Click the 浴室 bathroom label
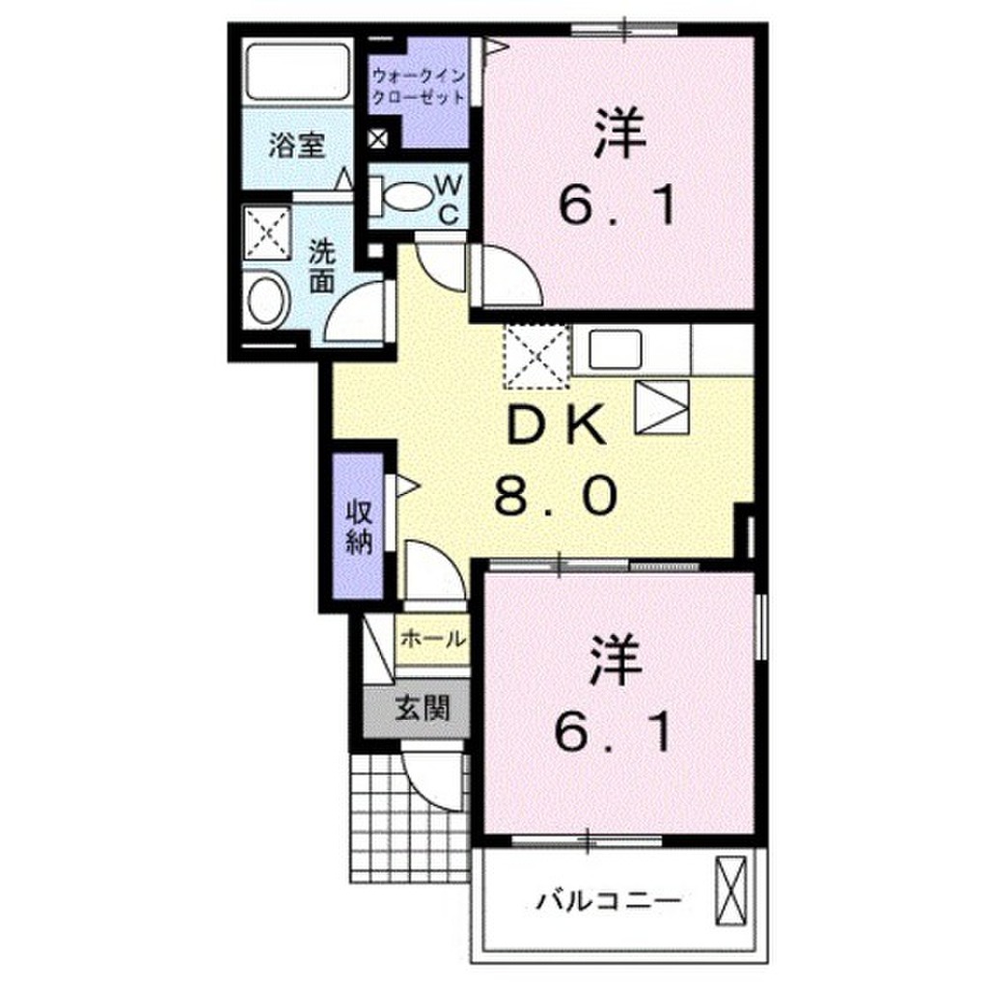pos(296,146)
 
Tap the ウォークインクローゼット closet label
pos(420,85)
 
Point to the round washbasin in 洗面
pos(269,299)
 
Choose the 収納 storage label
pos(359,527)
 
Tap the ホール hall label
pos(432,639)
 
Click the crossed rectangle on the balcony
pos(731,887)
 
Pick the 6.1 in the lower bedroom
pos(613,735)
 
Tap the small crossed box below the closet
pos(379,139)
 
